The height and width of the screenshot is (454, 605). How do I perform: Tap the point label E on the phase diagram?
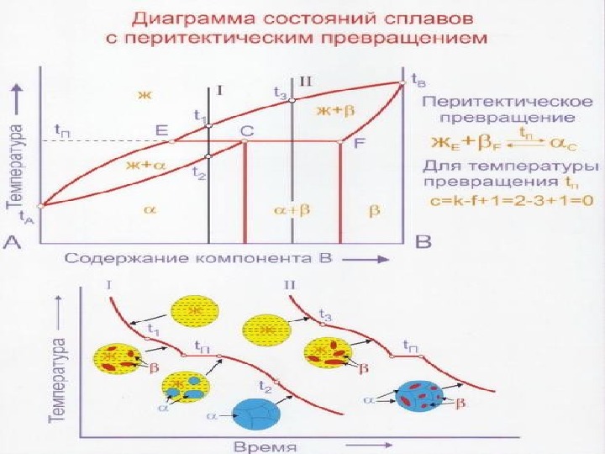pos(162,130)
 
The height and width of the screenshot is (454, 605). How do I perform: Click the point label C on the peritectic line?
pos(246,131)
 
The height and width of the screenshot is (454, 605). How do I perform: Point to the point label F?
pos(359,143)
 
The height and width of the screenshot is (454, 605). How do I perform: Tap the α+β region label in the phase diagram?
pos(293,209)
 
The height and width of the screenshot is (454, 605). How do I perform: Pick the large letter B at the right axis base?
pos(424,242)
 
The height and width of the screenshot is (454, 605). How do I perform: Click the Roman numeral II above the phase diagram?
pos(305,82)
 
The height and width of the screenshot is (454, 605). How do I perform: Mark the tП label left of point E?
pos(62,130)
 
